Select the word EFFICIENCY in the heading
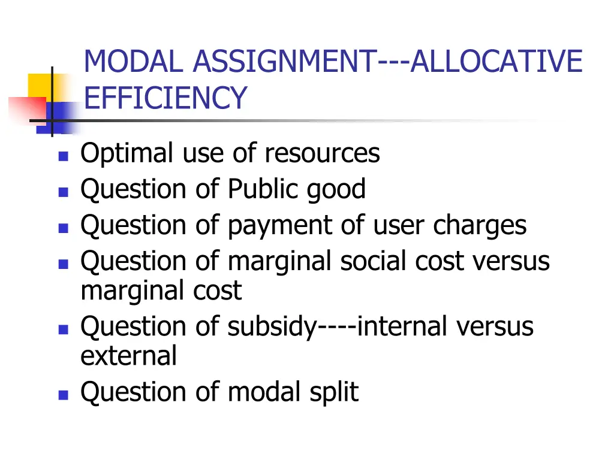point(165,98)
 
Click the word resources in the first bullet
point(322,154)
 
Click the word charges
point(480,226)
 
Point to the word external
point(128,356)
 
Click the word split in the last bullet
point(334,393)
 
